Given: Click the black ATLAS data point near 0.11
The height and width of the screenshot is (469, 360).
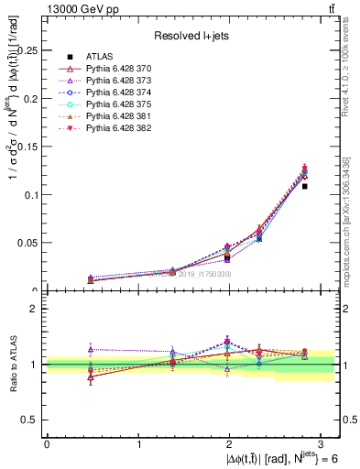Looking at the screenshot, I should (305, 186).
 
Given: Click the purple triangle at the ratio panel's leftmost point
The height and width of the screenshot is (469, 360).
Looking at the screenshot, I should (91, 349).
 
